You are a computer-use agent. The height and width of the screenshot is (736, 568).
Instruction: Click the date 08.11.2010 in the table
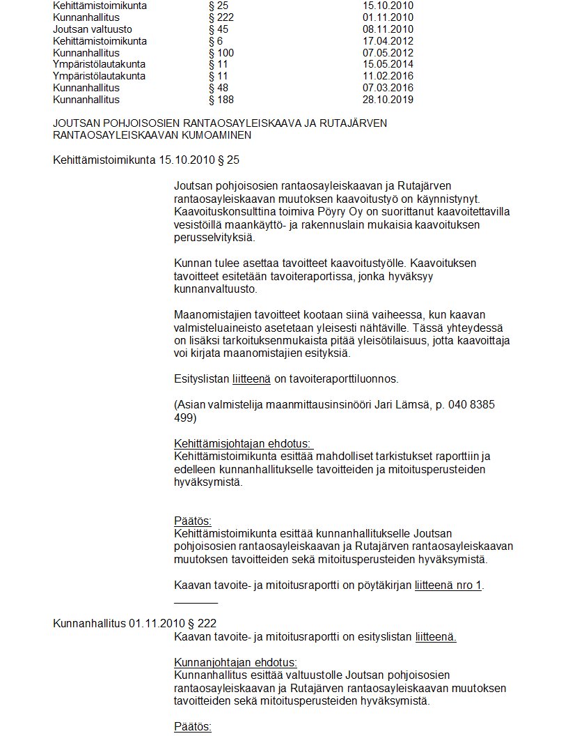(388, 29)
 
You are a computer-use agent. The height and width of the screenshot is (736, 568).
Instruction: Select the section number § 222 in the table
(221, 17)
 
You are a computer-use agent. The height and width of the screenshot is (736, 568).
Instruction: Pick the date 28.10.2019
(388, 100)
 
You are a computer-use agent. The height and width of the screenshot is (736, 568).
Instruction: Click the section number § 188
(221, 100)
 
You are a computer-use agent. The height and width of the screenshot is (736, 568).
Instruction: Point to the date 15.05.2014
(388, 65)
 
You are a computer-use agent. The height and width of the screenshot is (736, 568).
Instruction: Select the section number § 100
(221, 53)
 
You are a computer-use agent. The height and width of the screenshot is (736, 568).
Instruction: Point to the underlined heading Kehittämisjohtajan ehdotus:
(243, 445)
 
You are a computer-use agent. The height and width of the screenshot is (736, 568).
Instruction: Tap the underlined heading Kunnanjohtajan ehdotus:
(235, 663)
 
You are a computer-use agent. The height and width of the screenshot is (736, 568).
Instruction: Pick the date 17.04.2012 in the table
(388, 41)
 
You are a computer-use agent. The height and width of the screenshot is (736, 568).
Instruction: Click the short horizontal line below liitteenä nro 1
(196, 601)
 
